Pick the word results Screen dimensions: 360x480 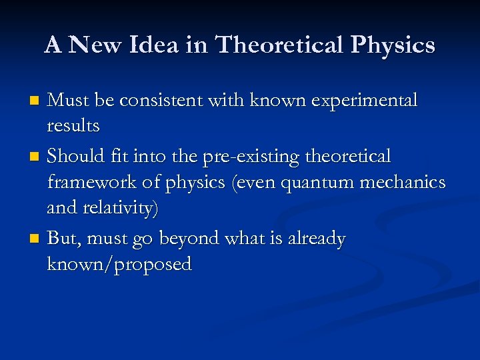[73, 125]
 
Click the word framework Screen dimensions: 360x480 [91, 183]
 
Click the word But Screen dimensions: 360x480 [62, 239]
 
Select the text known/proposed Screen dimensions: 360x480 [119, 265]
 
